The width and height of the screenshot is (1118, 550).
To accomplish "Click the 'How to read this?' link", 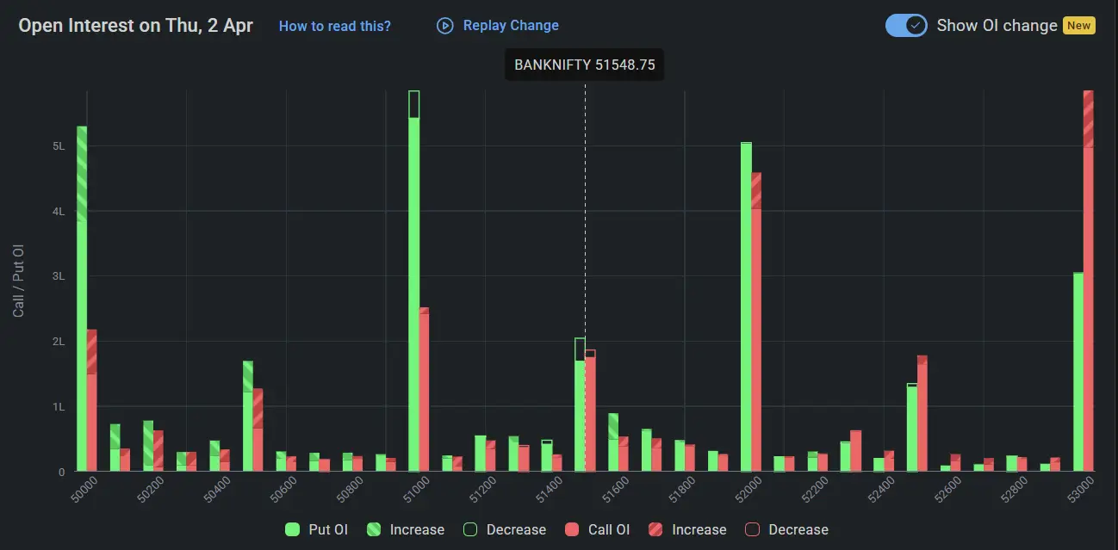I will [334, 26].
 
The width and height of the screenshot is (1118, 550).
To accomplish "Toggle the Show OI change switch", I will [906, 25].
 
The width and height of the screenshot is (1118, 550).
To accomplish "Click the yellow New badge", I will [1078, 25].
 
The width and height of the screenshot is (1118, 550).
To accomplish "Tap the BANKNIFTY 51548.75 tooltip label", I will [584, 65].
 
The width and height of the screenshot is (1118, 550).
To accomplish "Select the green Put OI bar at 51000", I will [414, 284].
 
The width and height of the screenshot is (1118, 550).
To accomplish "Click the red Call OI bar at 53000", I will [1088, 284].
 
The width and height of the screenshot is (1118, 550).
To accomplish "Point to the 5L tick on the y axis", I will [59, 146].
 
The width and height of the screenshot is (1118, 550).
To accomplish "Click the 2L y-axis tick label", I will [59, 342].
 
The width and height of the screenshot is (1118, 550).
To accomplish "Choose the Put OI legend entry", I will [317, 529].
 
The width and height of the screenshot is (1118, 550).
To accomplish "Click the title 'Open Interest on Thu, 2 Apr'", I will [136, 26].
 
